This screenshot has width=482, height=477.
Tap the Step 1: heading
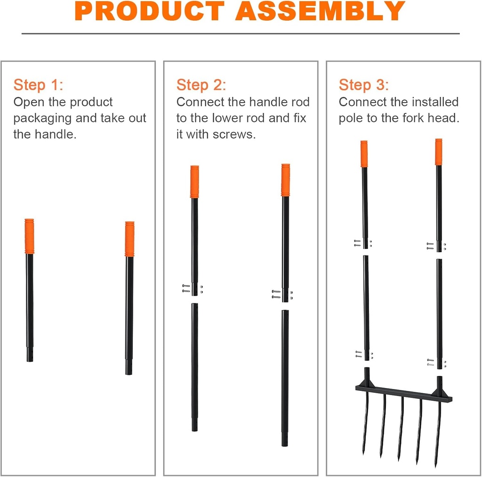point(38,85)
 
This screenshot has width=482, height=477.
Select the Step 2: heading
point(201,85)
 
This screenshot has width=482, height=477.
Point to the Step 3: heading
point(364,85)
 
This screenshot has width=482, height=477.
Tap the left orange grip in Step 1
point(30,236)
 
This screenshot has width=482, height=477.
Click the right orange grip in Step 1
point(129,238)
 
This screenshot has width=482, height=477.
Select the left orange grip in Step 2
point(194,182)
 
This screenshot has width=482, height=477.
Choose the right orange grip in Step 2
point(285,180)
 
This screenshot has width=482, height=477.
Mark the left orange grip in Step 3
point(364,153)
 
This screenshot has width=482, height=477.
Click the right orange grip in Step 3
point(439,151)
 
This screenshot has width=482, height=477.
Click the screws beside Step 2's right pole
point(276,294)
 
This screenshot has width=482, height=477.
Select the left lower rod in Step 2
point(194,367)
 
